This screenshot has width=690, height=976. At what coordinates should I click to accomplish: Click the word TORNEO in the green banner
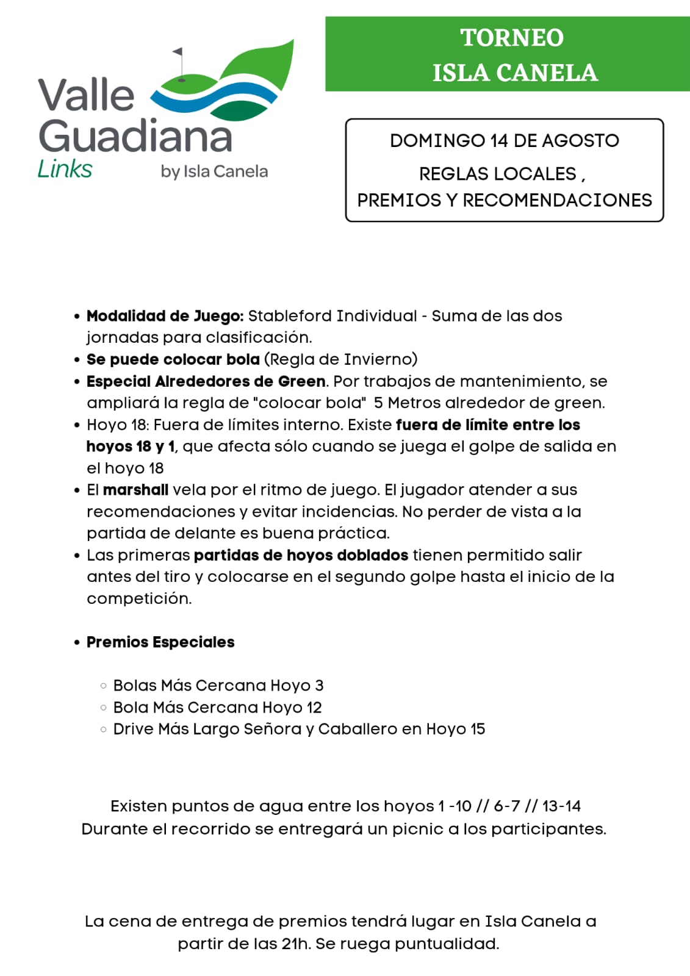[x=512, y=38]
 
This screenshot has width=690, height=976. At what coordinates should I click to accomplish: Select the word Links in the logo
[x=65, y=169]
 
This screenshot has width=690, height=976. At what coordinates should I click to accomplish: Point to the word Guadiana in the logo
[x=135, y=135]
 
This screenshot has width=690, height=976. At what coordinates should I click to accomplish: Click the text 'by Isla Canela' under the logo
[x=214, y=171]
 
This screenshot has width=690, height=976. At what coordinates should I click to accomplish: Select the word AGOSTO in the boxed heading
[x=580, y=141]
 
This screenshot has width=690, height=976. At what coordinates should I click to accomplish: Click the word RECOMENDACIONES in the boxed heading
[x=557, y=200]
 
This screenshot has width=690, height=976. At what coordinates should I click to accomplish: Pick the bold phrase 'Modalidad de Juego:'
[x=165, y=316]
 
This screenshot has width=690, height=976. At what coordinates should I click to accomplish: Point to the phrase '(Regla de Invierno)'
[x=341, y=359]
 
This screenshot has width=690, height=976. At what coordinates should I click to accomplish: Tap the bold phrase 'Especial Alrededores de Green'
[x=206, y=381]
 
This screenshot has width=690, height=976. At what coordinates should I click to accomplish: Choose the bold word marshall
[x=135, y=490]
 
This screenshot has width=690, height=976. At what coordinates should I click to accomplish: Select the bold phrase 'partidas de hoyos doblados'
[x=301, y=555]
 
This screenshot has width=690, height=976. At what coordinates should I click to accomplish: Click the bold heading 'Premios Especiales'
[x=160, y=642]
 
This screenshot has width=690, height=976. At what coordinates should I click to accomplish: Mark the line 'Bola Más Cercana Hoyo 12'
[x=217, y=708]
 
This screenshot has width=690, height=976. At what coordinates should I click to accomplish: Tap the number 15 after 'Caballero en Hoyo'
[x=478, y=729]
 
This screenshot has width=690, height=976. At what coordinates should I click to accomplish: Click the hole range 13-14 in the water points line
[x=561, y=806]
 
